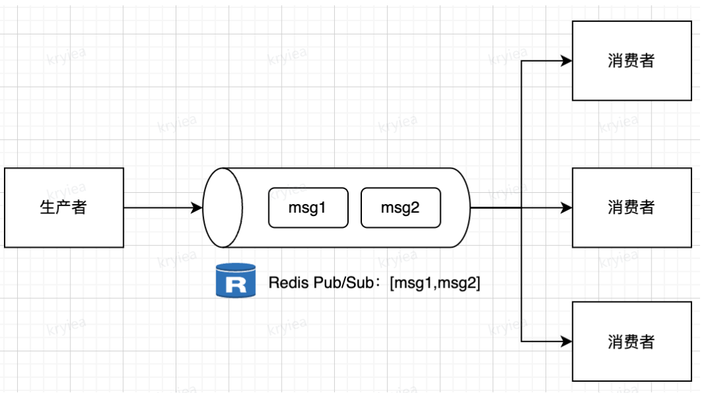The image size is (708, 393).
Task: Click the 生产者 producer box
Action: pyautogui.click(x=64, y=207)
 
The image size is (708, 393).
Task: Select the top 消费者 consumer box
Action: pyautogui.click(x=631, y=60)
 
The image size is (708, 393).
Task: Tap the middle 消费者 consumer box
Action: pyautogui.click(x=631, y=207)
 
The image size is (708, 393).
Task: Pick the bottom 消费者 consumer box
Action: pyautogui.click(x=631, y=341)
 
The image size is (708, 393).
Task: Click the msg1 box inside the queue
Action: pyautogui.click(x=308, y=207)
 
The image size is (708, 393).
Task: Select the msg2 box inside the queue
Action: pyautogui.click(x=400, y=207)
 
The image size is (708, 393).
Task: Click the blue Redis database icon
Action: pyautogui.click(x=235, y=280)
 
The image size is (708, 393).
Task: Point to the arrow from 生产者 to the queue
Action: pyautogui.click(x=162, y=207)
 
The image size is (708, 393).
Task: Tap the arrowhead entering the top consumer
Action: pyautogui.click(x=566, y=61)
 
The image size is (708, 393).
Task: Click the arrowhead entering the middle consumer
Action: pyautogui.click(x=566, y=207)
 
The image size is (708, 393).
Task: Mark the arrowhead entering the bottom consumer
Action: pyautogui.click(x=566, y=341)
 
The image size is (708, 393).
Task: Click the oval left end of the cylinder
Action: pyautogui.click(x=223, y=207)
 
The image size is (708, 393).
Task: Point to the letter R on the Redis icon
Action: pyautogui.click(x=235, y=286)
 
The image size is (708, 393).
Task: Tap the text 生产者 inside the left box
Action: pyautogui.click(x=64, y=207)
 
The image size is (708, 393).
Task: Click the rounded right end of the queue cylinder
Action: pyautogui.click(x=463, y=207)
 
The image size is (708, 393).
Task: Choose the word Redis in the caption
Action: pyautogui.click(x=284, y=283)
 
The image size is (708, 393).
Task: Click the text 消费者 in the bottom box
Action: pyautogui.click(x=631, y=341)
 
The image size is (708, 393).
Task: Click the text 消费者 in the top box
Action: pyautogui.click(x=631, y=60)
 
